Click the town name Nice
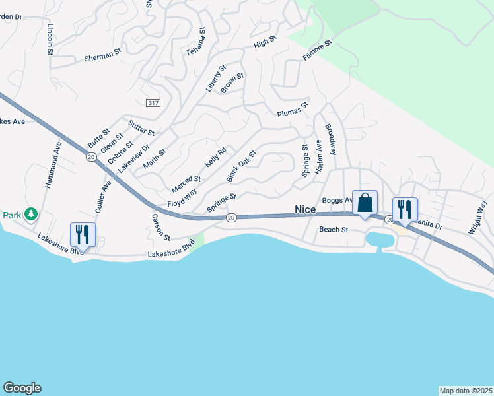[x=305, y=209]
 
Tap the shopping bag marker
[x=365, y=204]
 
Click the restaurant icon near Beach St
[x=405, y=211]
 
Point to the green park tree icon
[x=30, y=214]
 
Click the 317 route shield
[x=153, y=103]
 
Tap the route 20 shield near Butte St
[x=90, y=156]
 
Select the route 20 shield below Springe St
[x=230, y=217]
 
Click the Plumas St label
[x=293, y=108]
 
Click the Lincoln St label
[x=50, y=40]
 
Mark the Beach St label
[x=334, y=230]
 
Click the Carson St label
[x=160, y=227]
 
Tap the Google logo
[x=22, y=388]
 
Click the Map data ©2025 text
[x=466, y=391]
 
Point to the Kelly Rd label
[x=215, y=157]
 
